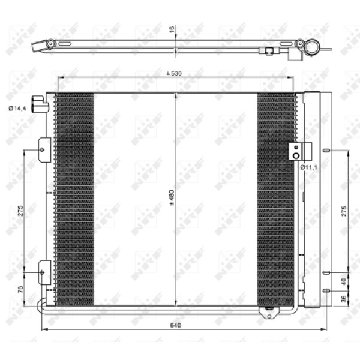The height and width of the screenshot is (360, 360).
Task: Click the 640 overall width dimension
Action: (175, 325)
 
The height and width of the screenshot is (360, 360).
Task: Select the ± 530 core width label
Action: (175, 74)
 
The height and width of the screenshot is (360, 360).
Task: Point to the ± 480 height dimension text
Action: (172, 198)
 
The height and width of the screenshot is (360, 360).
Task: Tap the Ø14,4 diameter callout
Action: (17, 108)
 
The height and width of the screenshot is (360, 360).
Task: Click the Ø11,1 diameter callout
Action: (308, 167)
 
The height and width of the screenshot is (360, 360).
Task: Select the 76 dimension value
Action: (20, 289)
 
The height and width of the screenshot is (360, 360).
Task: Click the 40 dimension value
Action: (343, 281)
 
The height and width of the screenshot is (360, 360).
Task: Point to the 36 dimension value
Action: (343, 299)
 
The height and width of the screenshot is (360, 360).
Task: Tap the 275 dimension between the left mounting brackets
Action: (20, 211)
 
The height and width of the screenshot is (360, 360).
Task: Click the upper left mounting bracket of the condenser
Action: (44, 149)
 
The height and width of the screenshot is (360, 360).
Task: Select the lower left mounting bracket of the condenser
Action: (44, 273)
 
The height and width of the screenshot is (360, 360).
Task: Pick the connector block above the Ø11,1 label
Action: (295, 151)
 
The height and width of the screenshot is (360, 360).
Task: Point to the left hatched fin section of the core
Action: (74, 198)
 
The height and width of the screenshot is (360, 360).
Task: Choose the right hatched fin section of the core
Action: (275, 198)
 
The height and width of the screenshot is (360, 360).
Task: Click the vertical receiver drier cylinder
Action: (311, 198)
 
